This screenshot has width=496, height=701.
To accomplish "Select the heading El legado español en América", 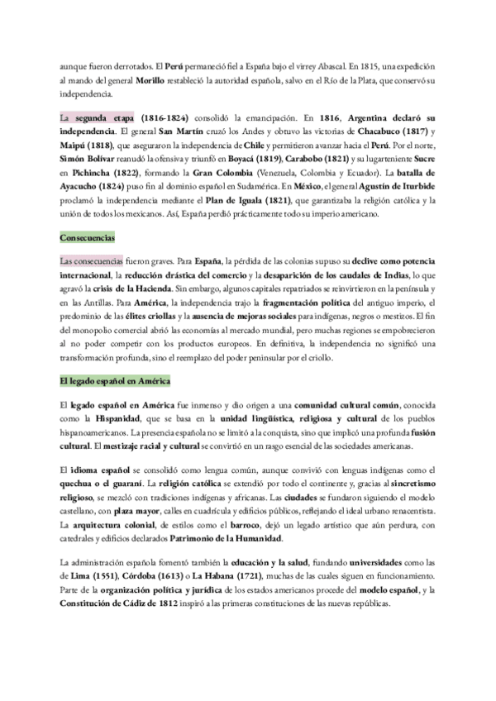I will click(x=116, y=381).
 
